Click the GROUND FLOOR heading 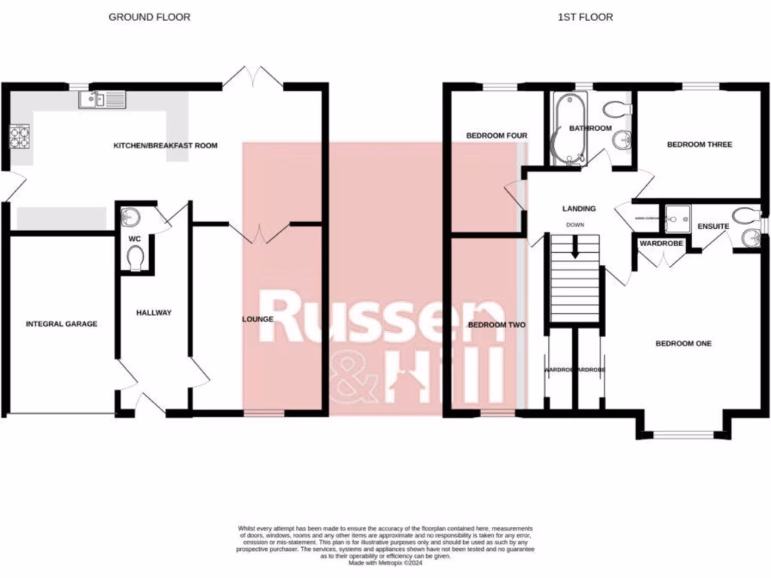[x=149, y=17]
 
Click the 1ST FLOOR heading [x=585, y=17]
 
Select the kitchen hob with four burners [x=20, y=137]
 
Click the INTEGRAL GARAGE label [x=62, y=324]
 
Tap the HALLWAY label [x=154, y=312]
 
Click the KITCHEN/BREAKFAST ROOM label [x=165, y=145]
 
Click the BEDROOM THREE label [x=699, y=144]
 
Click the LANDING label [x=578, y=208]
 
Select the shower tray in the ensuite [x=678, y=217]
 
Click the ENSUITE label [x=712, y=225]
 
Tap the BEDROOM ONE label [x=683, y=344]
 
